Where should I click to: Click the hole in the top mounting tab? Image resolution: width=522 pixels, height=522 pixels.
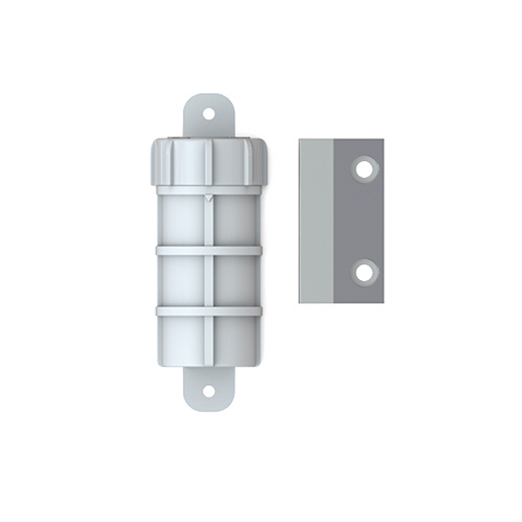coord(208,114)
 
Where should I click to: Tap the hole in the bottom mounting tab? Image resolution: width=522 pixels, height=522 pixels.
coord(208,392)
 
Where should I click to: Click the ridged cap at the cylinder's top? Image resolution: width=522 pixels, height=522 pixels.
coord(209,163)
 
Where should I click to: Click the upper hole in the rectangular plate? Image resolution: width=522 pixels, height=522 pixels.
coord(365,169)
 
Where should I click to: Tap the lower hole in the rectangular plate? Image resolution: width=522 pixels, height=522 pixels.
coord(365,272)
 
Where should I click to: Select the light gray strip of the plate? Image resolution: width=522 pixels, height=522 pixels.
coord(316,221)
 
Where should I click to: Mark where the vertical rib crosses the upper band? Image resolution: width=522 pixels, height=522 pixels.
coord(209,251)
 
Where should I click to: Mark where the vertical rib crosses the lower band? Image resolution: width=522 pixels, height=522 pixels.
coord(209,310)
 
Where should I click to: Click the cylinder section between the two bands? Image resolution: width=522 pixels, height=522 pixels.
coord(182,280)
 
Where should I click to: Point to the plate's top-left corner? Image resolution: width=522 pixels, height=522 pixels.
coord(299,139)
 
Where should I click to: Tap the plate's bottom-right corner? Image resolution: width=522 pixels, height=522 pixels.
coord(383,303)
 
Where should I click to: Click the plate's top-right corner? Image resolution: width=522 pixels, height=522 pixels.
coord(383,139)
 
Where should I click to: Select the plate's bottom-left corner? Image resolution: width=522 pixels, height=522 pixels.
coord(299,303)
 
